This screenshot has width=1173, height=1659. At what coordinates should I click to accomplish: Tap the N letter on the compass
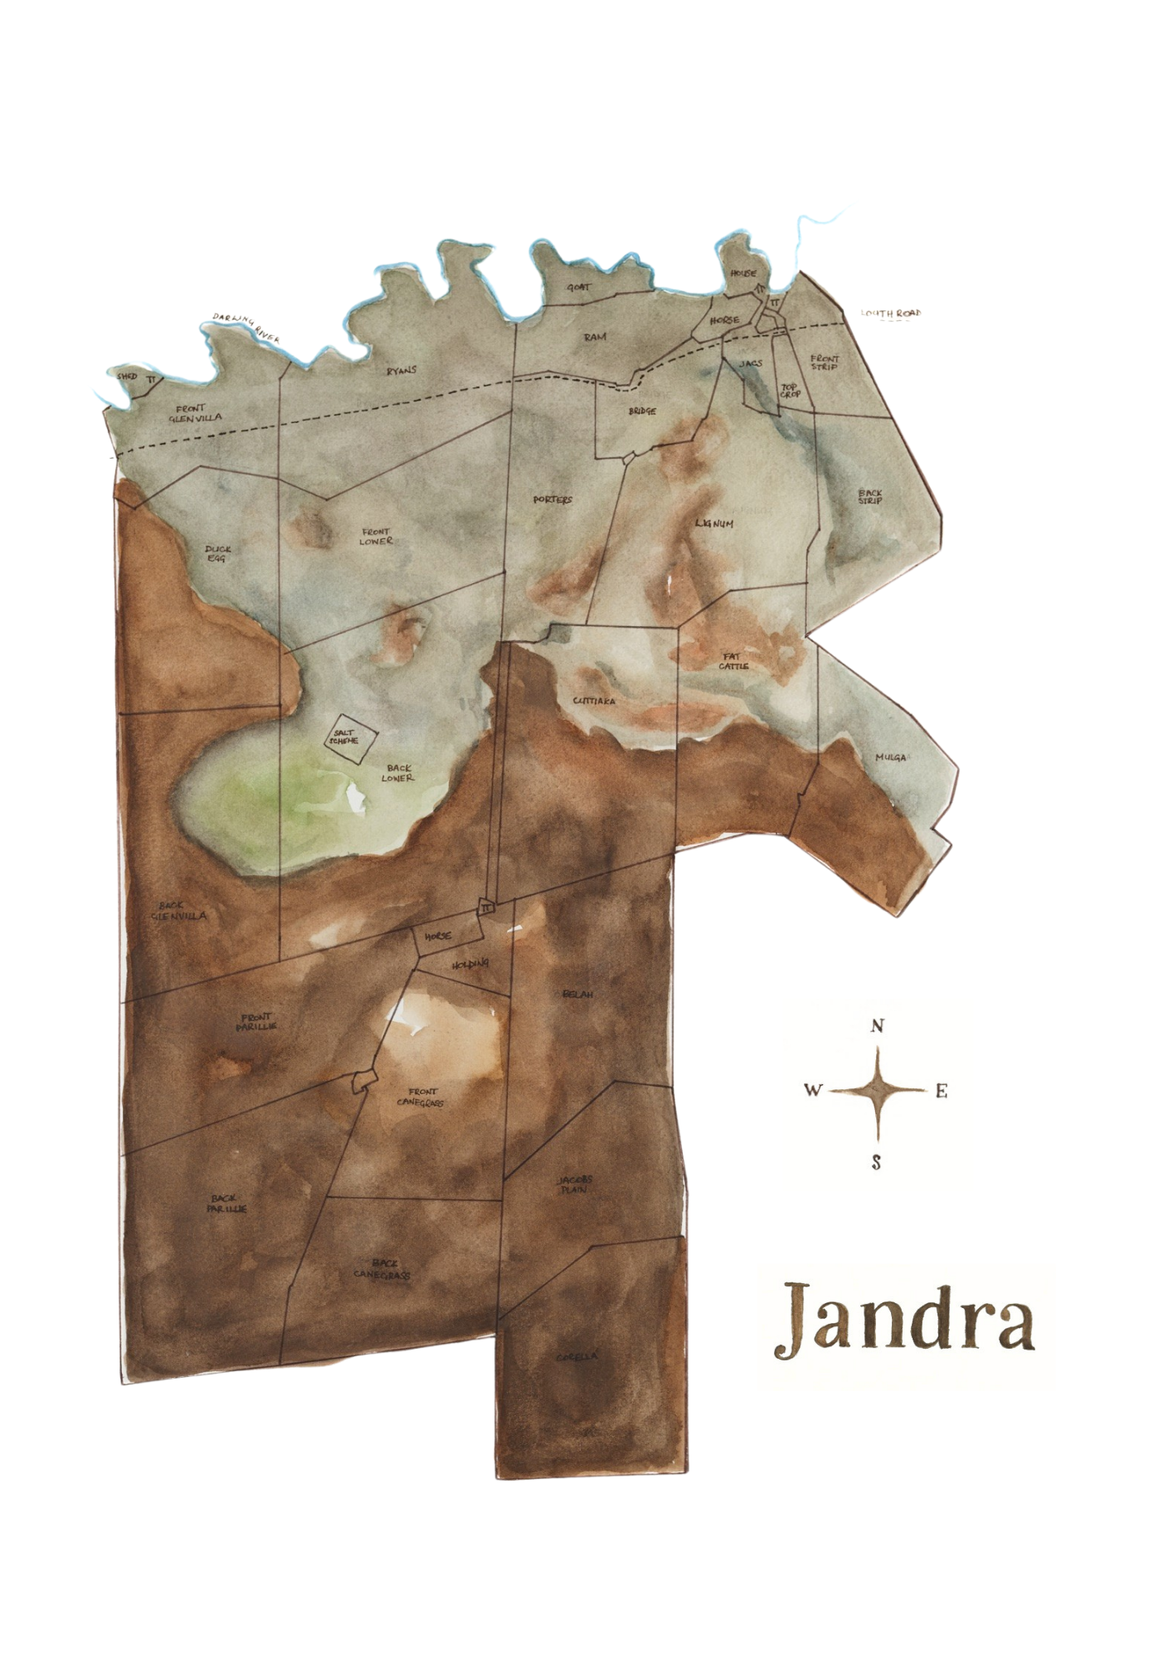click(x=877, y=1026)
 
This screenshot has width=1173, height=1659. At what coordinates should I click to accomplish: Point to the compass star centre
click(x=877, y=1090)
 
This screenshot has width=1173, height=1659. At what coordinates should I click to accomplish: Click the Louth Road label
click(x=891, y=314)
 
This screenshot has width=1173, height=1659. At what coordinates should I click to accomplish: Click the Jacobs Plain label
click(x=574, y=1185)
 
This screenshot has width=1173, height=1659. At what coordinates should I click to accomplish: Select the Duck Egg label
click(x=218, y=553)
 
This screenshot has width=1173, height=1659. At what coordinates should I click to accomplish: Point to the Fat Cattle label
click(x=733, y=661)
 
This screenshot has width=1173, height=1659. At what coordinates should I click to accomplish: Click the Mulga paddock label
click(x=891, y=757)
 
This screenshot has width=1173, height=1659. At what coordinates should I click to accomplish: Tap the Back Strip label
click(x=870, y=496)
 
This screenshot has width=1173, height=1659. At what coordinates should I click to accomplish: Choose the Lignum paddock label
click(x=714, y=524)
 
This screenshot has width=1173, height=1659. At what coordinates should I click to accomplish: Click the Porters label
click(x=552, y=499)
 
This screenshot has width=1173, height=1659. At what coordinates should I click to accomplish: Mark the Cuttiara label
click(x=594, y=701)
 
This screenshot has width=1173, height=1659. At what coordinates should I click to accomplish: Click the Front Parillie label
click(x=256, y=1022)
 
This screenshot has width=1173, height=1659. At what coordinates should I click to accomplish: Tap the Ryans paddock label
click(x=402, y=371)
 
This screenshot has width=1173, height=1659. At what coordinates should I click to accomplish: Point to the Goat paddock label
click(x=579, y=287)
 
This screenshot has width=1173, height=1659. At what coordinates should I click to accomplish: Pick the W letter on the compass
click(x=813, y=1090)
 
